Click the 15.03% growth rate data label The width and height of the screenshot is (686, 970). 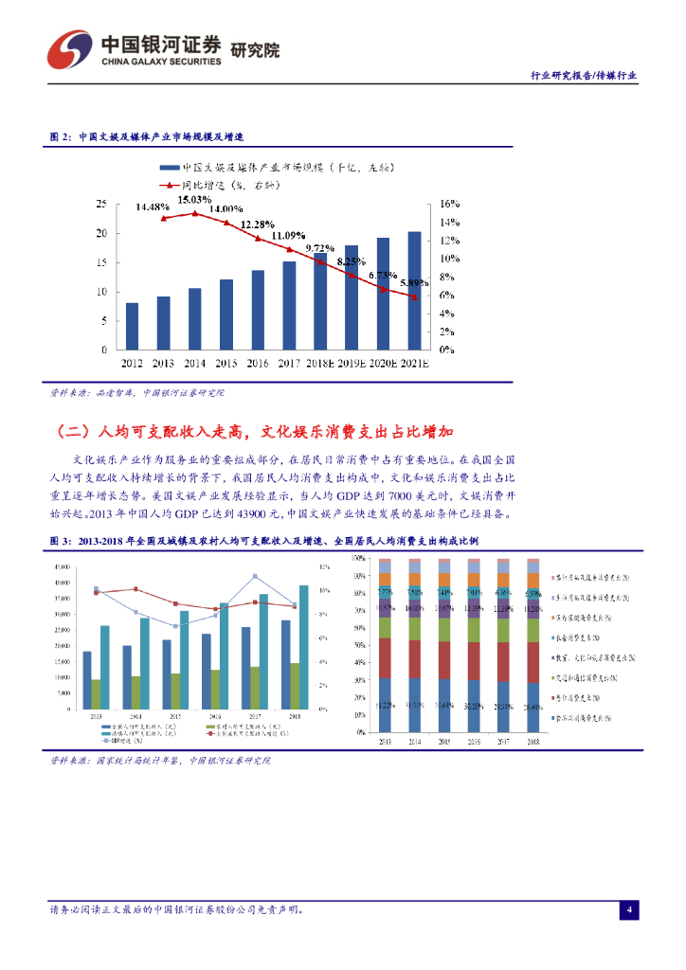(x=195, y=200)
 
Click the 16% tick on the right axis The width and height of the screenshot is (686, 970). (x=449, y=203)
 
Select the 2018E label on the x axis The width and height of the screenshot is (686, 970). (x=320, y=363)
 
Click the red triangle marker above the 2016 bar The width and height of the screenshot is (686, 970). (x=258, y=238)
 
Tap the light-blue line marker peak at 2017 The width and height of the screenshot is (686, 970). (x=255, y=576)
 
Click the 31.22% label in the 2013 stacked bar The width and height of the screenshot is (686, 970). (x=385, y=705)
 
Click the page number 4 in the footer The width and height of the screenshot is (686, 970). (x=629, y=910)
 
